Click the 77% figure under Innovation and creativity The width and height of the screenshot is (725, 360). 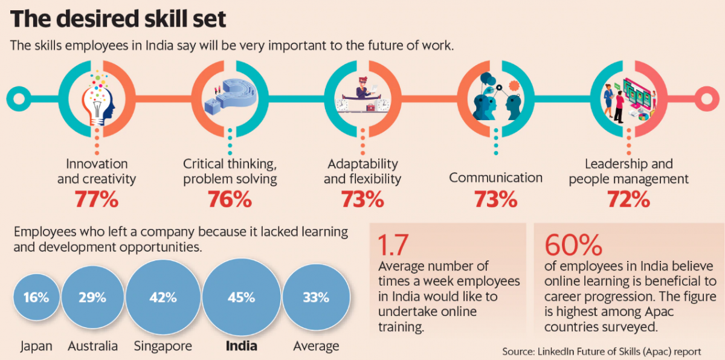click(x=97, y=199)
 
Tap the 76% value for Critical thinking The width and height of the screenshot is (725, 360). click(x=230, y=199)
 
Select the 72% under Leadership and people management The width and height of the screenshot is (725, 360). click(x=628, y=199)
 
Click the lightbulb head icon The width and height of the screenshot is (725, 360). click(x=98, y=100)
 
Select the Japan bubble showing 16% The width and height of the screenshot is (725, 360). click(x=36, y=298)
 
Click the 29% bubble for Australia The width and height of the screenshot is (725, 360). click(x=92, y=298)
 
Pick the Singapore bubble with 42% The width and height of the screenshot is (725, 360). click(x=163, y=298)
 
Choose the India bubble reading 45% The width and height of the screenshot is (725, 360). click(x=240, y=298)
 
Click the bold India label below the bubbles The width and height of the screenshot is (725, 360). click(x=241, y=346)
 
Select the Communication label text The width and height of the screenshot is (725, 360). click(x=495, y=178)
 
